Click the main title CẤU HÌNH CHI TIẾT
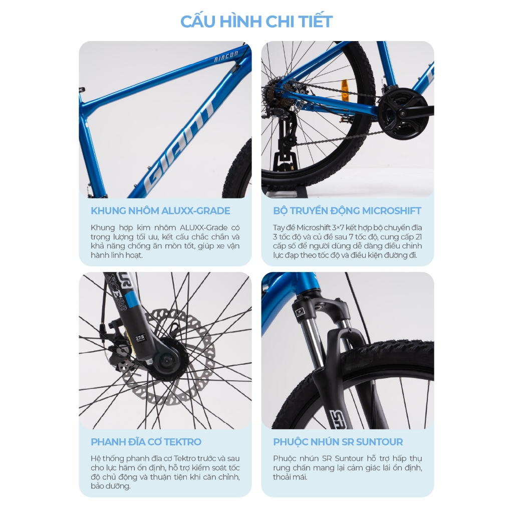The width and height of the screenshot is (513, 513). pos(256,21)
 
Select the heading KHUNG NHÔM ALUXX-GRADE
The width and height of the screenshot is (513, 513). pos(160,211)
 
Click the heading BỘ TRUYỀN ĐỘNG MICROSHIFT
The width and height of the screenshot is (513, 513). pos(347,211)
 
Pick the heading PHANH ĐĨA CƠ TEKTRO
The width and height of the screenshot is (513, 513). pos(146,442)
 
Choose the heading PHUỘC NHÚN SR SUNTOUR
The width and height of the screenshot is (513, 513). pos(338,442)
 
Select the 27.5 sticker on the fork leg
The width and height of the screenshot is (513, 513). pos(140,338)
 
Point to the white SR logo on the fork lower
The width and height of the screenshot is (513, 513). pos(339,419)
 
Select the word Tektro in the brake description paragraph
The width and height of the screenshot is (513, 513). pos(185,458)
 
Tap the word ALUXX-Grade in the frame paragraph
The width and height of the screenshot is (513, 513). pos(203,227)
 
